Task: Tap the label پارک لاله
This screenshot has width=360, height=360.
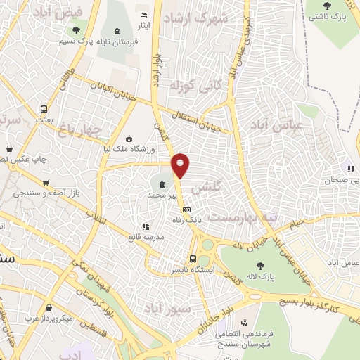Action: coord(259,277)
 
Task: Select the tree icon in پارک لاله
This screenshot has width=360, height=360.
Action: coord(260,266)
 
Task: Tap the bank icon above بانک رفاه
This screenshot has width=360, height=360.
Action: coord(186,210)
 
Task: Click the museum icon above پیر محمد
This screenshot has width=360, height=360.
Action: coord(153,184)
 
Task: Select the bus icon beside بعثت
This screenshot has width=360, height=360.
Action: coord(44,109)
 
